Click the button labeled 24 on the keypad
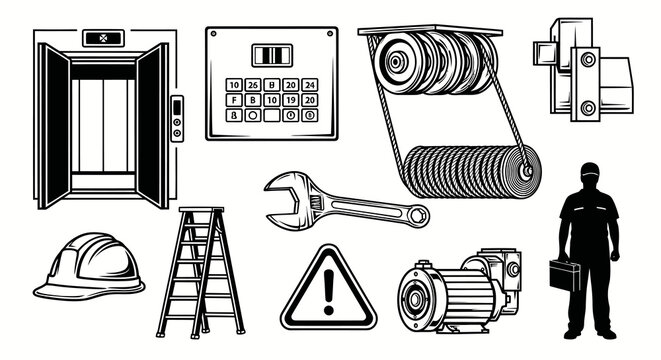(311, 84)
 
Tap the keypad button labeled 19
(289, 100)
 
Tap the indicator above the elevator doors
(101, 41)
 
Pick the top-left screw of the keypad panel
(216, 37)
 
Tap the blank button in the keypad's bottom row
(254, 115)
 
